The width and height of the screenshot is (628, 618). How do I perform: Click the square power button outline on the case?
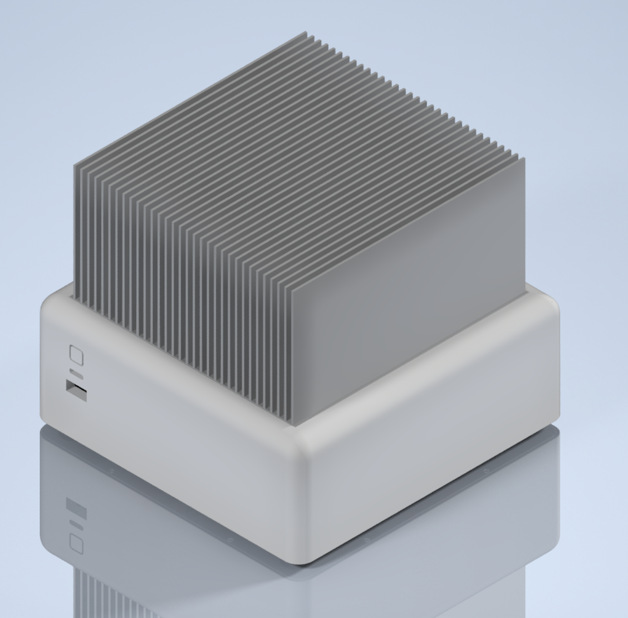tap(76, 355)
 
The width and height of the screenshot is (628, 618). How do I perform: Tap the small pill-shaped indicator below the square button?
tap(76, 373)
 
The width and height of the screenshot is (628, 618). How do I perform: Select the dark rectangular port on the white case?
tap(77, 391)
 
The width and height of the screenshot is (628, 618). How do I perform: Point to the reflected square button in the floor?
tap(76, 542)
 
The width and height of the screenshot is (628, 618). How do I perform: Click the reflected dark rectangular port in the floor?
tap(76, 508)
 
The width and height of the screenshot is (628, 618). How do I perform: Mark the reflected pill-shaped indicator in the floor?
tap(76, 524)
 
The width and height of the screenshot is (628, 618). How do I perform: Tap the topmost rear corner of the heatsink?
tap(306, 32)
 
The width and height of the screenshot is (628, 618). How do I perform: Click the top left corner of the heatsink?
tap(74, 165)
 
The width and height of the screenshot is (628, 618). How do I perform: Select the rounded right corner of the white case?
tap(556, 362)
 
